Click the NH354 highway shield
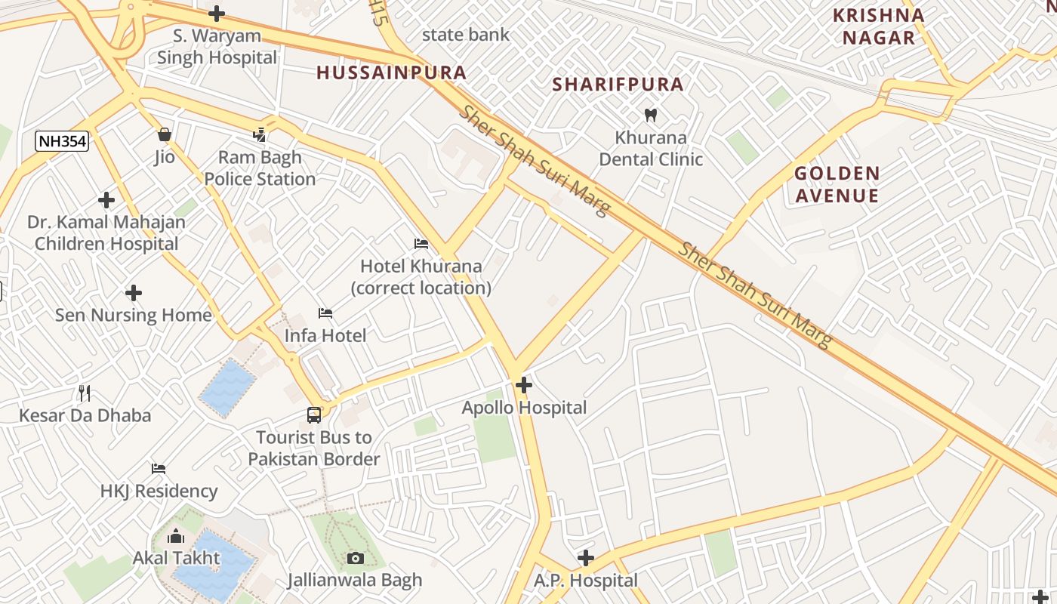(62, 140)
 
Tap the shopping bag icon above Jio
(165, 135)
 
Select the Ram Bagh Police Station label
(260, 168)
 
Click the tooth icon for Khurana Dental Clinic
(650, 116)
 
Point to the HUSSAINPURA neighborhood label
(391, 73)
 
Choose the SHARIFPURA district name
(618, 85)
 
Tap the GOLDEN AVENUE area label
(837, 185)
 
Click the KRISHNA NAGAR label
(878, 26)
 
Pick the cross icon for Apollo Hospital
(523, 385)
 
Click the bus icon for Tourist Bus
(314, 414)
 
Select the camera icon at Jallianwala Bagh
(355, 558)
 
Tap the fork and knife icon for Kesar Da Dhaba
(85, 393)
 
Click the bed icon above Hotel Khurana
(421, 244)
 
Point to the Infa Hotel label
(325, 335)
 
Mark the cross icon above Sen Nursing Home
(134, 292)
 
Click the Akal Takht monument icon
(176, 537)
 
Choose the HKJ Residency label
(159, 491)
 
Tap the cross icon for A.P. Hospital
(585, 558)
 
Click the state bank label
(466, 35)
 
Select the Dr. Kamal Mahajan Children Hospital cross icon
(106, 200)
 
